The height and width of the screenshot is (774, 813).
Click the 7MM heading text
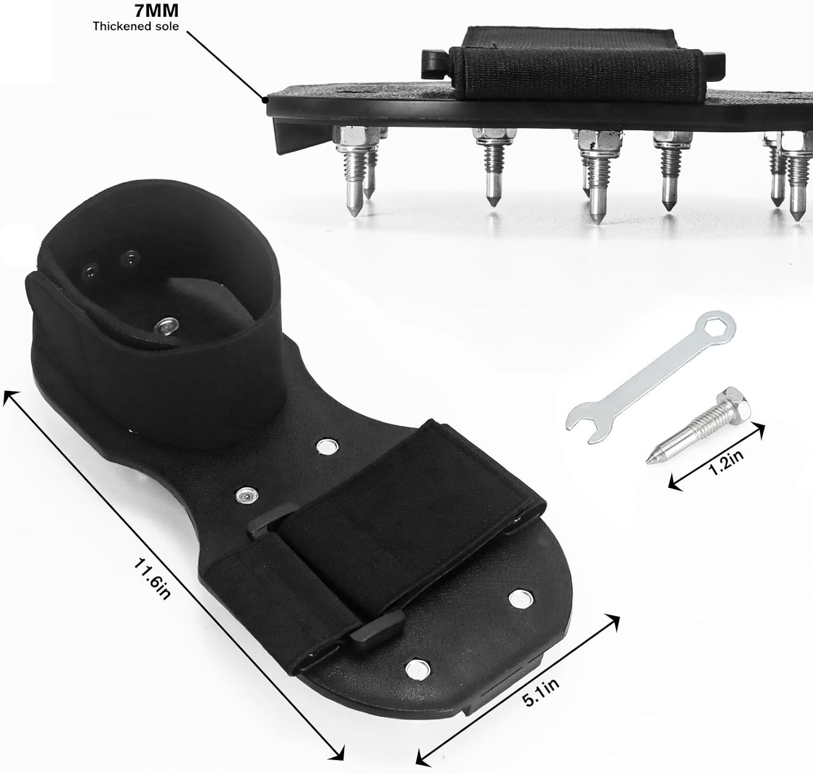pyautogui.click(x=156, y=10)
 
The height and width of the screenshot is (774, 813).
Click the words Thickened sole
pyautogui.click(x=135, y=27)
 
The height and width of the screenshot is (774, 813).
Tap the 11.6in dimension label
pyautogui.click(x=151, y=579)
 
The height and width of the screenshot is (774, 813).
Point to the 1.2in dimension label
pyautogui.click(x=727, y=463)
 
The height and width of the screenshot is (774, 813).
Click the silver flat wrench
pyautogui.click(x=650, y=378)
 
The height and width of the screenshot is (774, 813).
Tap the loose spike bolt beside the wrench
pyautogui.click(x=699, y=425)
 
